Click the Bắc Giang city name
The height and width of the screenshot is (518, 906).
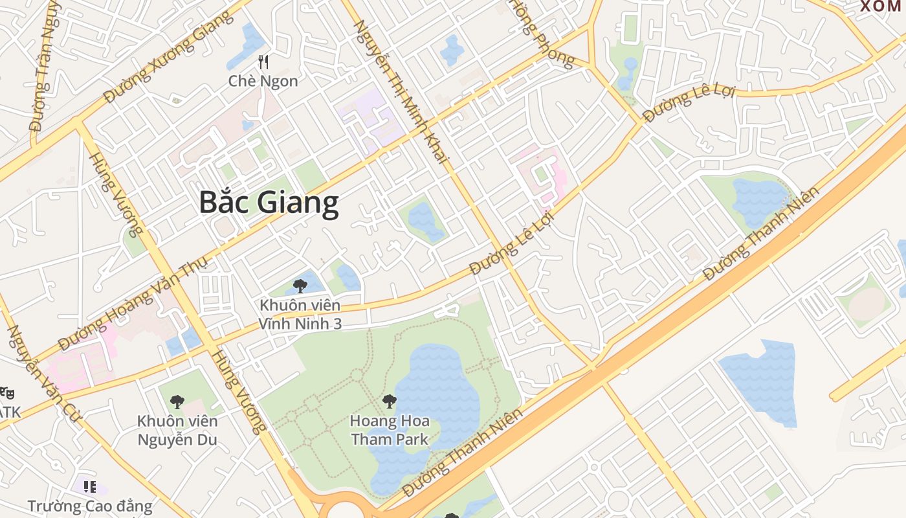(x=269, y=203)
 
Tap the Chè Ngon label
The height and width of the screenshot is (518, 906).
(x=263, y=81)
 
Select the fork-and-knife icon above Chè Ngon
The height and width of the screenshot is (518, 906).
(x=263, y=62)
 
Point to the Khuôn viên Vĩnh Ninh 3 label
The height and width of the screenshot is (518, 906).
(x=300, y=314)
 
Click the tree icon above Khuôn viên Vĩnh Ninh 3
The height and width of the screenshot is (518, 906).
(x=300, y=286)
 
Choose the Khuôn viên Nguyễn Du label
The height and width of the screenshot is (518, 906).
(x=177, y=431)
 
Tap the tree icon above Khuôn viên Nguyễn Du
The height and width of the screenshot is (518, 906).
(x=177, y=402)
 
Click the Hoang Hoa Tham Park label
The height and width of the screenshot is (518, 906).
(x=390, y=430)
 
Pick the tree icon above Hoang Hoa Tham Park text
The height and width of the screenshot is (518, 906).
(x=389, y=401)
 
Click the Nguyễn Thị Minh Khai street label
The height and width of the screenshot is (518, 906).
(x=403, y=91)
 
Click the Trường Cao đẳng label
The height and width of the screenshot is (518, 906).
(x=90, y=506)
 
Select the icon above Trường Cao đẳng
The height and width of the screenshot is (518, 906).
(x=90, y=486)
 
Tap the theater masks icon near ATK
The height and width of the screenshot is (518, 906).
(x=6, y=392)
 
